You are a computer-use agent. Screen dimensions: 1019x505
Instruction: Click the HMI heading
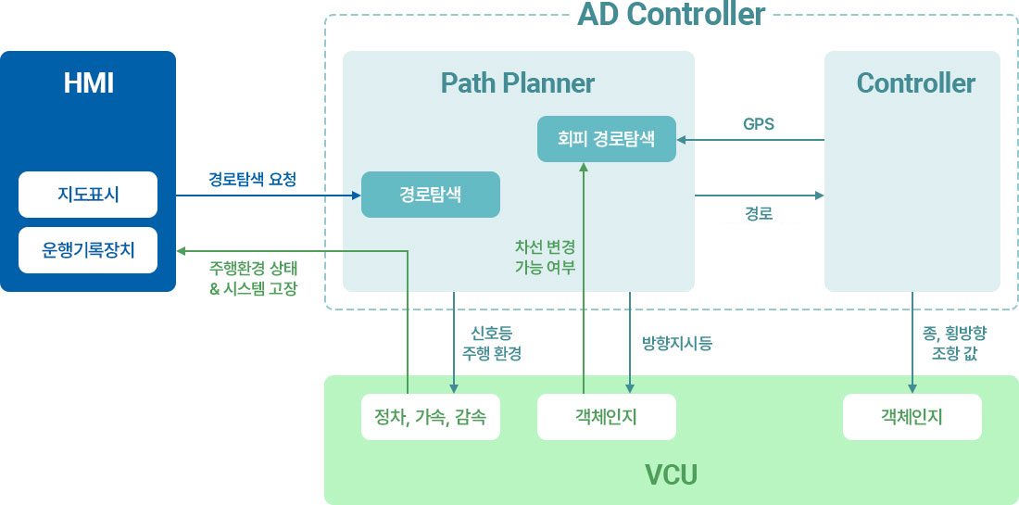click(88, 83)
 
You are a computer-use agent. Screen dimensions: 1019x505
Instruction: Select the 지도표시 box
click(88, 195)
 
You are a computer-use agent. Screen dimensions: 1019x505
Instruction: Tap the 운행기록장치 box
click(88, 250)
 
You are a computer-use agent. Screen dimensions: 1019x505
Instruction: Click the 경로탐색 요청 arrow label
click(252, 180)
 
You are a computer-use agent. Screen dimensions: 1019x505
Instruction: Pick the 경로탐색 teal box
click(431, 195)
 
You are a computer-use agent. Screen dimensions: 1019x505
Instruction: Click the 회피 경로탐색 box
click(607, 139)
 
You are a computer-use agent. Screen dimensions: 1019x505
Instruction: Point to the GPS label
click(759, 124)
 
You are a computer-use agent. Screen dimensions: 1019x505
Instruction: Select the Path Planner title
click(518, 83)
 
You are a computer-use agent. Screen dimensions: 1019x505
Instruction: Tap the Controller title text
click(915, 83)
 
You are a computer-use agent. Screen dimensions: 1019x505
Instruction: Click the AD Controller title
click(672, 14)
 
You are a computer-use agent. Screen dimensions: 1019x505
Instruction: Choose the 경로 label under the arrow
click(759, 213)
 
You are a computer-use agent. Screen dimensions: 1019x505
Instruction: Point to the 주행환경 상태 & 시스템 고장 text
click(254, 278)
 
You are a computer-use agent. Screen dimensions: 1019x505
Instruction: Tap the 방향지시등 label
click(676, 344)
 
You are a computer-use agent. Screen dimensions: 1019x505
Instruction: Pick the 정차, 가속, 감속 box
click(431, 417)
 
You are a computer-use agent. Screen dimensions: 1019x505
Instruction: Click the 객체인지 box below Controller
click(912, 417)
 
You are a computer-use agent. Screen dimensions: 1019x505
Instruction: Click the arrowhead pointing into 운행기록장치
click(182, 251)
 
